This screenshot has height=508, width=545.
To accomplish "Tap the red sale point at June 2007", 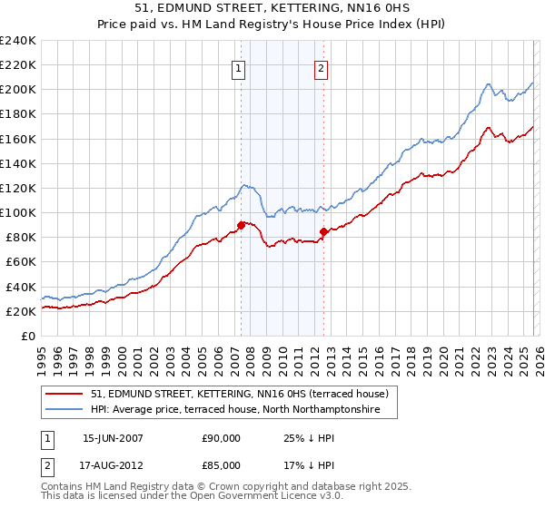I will (241, 225).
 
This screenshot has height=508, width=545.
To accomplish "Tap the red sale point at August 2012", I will (324, 231).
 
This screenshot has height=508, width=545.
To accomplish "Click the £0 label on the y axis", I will (27, 336).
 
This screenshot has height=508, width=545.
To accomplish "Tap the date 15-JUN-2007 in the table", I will (113, 439).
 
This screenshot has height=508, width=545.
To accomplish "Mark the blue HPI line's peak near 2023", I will (488, 84).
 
